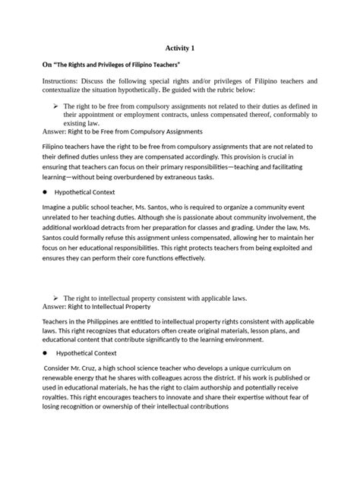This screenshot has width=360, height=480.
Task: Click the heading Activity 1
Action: (x=179, y=48)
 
